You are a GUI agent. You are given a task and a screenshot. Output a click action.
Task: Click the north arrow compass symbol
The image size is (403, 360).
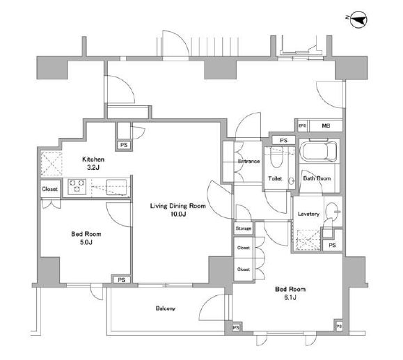(358, 19)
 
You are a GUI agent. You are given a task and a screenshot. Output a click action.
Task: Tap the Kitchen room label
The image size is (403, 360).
(93, 159)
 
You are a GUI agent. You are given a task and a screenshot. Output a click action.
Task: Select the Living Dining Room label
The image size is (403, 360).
(178, 206)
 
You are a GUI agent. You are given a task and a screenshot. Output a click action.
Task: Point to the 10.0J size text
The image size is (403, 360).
(178, 214)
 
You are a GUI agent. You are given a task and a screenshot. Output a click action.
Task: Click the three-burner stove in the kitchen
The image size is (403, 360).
(77, 187)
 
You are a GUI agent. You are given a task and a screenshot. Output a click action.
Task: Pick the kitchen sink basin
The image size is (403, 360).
(116, 187)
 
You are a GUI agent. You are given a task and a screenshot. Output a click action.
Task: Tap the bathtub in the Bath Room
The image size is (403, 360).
(319, 150)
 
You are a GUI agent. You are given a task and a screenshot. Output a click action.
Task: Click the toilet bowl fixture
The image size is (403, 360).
(276, 155)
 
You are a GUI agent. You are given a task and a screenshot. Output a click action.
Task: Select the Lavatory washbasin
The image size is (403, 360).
(331, 212)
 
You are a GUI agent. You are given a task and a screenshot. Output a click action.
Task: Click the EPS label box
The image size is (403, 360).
(303, 126)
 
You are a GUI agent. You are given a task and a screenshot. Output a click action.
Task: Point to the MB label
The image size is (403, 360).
(326, 126)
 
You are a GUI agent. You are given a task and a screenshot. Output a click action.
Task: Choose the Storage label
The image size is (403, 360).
(244, 228)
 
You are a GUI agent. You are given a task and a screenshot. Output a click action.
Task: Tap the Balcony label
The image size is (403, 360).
(165, 308)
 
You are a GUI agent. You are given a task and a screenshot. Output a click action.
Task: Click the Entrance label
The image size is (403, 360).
(248, 162)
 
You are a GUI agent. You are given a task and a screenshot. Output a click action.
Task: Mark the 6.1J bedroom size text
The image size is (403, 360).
(290, 297)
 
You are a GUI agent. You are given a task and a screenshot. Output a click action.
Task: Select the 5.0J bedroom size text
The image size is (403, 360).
(86, 242)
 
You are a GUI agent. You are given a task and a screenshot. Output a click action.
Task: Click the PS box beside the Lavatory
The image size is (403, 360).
(332, 245)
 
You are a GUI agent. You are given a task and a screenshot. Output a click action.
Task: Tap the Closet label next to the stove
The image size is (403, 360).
(50, 189)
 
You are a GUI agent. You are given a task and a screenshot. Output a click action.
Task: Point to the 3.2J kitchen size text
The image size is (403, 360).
(93, 168)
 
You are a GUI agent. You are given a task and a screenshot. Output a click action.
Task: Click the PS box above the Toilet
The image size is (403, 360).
(283, 141)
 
